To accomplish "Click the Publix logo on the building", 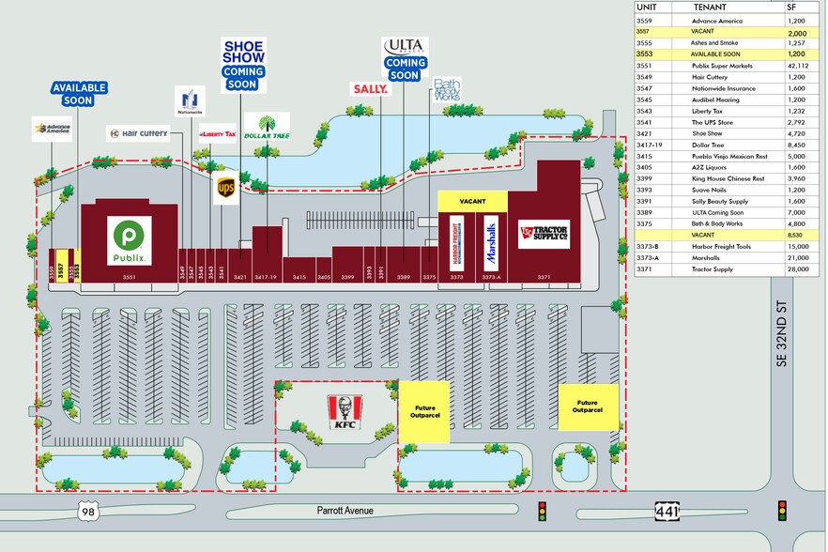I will [129, 240].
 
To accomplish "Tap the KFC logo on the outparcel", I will [345, 410].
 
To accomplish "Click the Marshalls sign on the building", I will [491, 243].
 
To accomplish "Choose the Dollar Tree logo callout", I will [267, 127].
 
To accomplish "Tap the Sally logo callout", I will [370, 89].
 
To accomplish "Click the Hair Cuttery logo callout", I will [137, 133].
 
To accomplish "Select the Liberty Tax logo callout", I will [217, 134].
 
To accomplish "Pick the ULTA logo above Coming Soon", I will [406, 46].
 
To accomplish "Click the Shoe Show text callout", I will [243, 51].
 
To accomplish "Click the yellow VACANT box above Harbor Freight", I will [472, 202].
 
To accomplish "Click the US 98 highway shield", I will [87, 511].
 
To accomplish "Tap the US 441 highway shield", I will [667, 511].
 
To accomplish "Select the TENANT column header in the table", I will [710, 7].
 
